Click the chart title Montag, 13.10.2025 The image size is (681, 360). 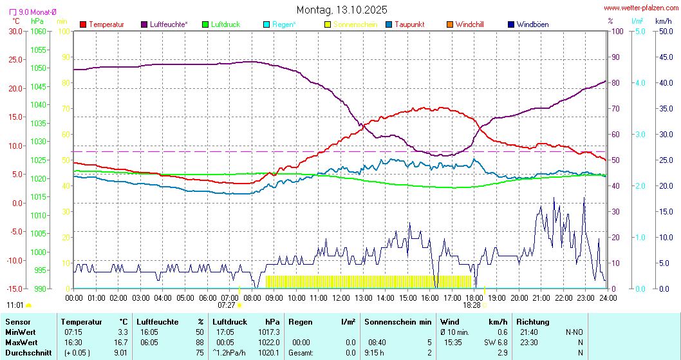coord(341,10)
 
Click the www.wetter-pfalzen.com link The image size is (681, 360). coord(640,8)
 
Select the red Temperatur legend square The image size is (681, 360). coord(83,24)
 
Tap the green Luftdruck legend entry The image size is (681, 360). coord(221,24)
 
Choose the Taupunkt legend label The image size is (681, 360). coord(409,24)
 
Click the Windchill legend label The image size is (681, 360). coord(469,24)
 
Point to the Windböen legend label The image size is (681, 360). coord(532,24)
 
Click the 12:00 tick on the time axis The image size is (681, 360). coord(341,298)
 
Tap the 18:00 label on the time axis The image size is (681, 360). coord(474,298)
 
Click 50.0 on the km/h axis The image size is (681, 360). coord(664,31)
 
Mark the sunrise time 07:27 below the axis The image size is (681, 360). coord(227,305)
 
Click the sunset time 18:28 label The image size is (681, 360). coord(472,305)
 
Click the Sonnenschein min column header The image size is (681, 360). coord(398,321)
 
